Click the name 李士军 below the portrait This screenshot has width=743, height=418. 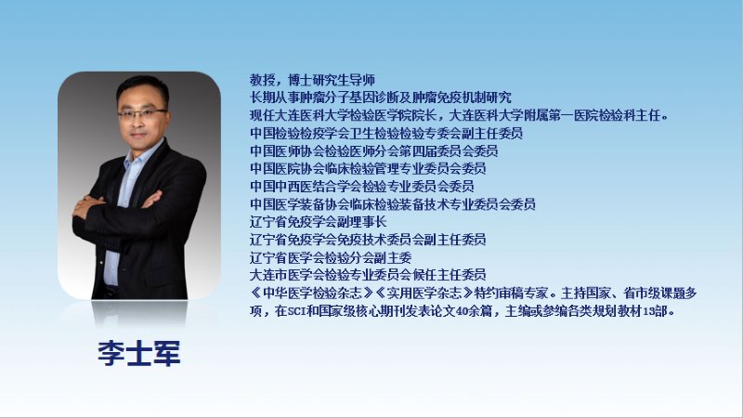(x=138, y=354)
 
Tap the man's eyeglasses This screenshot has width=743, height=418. (x=141, y=114)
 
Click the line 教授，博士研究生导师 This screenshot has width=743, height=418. (x=313, y=80)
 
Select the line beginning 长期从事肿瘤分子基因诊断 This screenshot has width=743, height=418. (x=381, y=98)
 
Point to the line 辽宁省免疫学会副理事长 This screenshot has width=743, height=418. (x=319, y=222)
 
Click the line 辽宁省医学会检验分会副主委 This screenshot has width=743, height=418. (x=331, y=258)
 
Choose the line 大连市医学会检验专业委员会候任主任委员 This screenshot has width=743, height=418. (x=368, y=275)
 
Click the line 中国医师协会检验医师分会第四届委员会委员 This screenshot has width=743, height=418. (x=374, y=151)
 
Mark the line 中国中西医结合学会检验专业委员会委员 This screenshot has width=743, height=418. (x=362, y=187)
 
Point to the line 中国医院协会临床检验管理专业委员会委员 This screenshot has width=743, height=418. (x=368, y=168)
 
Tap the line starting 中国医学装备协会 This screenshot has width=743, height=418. (x=393, y=204)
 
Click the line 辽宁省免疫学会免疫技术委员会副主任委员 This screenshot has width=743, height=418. (x=368, y=240)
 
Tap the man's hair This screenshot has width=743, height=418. (x=142, y=88)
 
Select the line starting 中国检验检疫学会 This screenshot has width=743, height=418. (x=386, y=133)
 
